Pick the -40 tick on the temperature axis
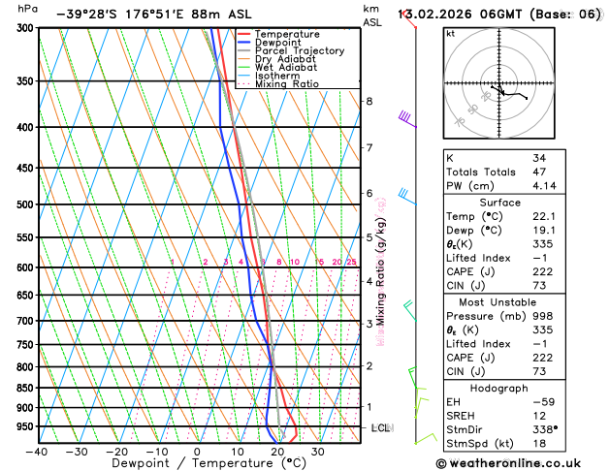pos(37,452)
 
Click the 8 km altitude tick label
pos(369,101)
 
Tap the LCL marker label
pos(381,427)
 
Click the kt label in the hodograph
pos(450,33)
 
